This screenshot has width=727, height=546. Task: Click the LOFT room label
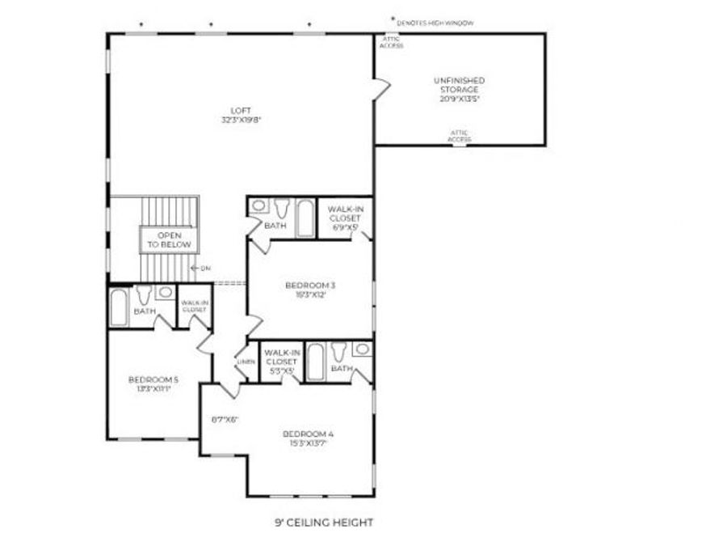click(x=241, y=110)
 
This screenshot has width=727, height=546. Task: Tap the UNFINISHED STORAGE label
click(x=459, y=84)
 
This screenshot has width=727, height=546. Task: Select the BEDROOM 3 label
click(x=309, y=285)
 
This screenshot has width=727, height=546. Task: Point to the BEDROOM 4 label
click(x=308, y=434)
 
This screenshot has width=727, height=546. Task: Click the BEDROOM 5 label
click(x=153, y=379)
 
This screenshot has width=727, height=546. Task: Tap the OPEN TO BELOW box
click(x=168, y=239)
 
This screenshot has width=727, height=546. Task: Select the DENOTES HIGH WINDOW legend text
click(x=435, y=24)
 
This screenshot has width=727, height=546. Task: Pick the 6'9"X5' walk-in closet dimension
click(x=344, y=227)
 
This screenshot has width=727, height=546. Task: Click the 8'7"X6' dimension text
click(x=225, y=419)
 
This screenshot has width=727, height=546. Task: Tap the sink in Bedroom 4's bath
click(x=363, y=349)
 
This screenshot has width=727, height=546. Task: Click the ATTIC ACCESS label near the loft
click(x=392, y=42)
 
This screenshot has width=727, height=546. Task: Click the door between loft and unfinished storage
click(x=381, y=87)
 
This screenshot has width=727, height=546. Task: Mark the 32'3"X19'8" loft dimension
click(x=241, y=120)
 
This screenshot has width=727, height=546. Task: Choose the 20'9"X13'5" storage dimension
click(x=459, y=99)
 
